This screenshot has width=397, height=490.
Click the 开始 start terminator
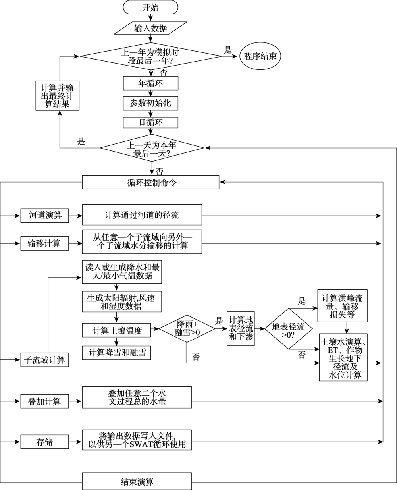click(150, 7)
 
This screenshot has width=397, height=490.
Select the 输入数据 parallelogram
click(150, 28)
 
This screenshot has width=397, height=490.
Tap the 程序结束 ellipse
click(260, 56)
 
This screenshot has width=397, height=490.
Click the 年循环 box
click(150, 83)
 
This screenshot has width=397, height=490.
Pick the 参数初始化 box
click(150, 103)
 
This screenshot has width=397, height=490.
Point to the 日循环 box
click(150, 122)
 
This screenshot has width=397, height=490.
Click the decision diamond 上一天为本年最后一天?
click(152, 148)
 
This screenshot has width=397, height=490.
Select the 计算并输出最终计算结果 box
click(57, 95)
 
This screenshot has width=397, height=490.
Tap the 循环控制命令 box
click(150, 182)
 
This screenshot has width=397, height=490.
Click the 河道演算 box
click(44, 216)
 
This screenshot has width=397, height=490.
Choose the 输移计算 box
click(44, 243)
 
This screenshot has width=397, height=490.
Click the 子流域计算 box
click(44, 360)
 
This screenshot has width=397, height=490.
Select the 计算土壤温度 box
click(116, 330)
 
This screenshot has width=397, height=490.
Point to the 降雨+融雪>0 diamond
click(187, 328)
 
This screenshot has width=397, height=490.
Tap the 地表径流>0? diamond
click(289, 329)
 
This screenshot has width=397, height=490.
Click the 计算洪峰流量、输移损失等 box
click(342, 305)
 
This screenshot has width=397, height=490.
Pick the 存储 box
click(44, 442)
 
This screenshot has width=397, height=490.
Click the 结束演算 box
click(137, 481)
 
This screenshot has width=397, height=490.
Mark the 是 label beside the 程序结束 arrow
click(228, 50)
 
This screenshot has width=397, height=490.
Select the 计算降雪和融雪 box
click(116, 353)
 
